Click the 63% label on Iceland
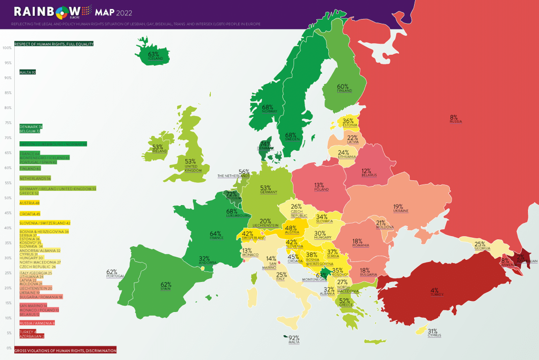point(153,55)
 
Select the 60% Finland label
point(343,88)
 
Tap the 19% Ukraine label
point(398,208)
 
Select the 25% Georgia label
point(479,246)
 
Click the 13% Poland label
point(319,187)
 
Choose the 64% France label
point(215,235)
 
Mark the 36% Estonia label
point(348,123)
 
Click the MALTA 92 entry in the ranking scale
point(27,72)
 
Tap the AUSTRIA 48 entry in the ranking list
point(29,202)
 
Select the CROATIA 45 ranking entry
point(30,213)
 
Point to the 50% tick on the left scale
point(7,198)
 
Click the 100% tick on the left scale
point(7,47)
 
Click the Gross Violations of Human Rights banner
point(65,350)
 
